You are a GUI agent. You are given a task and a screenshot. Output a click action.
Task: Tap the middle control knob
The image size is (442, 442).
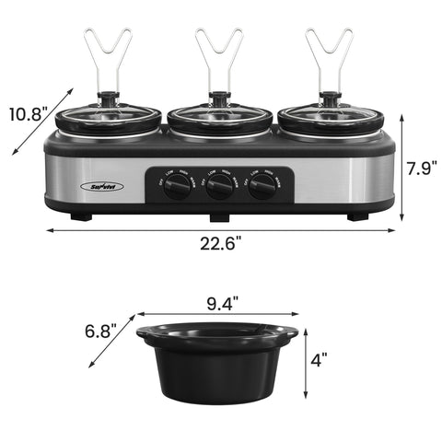tap(219, 187)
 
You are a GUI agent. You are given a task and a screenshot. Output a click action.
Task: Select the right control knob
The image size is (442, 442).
tap(262, 187)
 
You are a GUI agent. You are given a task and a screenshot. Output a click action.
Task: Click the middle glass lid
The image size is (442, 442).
tap(219, 119)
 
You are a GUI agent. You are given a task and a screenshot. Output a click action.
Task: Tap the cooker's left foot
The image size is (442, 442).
tap(82, 217)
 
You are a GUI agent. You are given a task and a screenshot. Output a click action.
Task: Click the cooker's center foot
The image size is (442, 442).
tap(219, 218)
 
